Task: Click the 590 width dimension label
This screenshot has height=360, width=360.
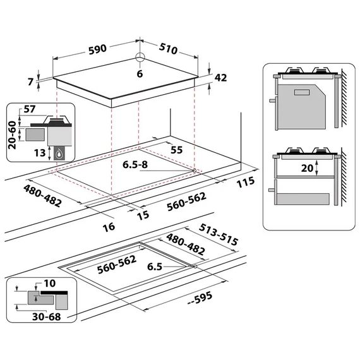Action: coord(98,50)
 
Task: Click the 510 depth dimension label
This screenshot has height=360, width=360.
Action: coord(168,49)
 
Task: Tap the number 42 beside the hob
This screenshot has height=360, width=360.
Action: coord(220,78)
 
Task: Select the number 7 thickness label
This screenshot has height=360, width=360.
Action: coord(30,81)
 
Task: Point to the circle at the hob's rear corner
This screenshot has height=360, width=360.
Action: coord(140,57)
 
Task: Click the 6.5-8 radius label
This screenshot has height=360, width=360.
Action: coord(135,165)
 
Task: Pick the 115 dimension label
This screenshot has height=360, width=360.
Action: coord(246,182)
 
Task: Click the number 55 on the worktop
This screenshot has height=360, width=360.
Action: coord(177,150)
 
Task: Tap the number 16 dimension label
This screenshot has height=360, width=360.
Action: coord(109,227)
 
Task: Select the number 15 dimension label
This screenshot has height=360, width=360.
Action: coord(143,215)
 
